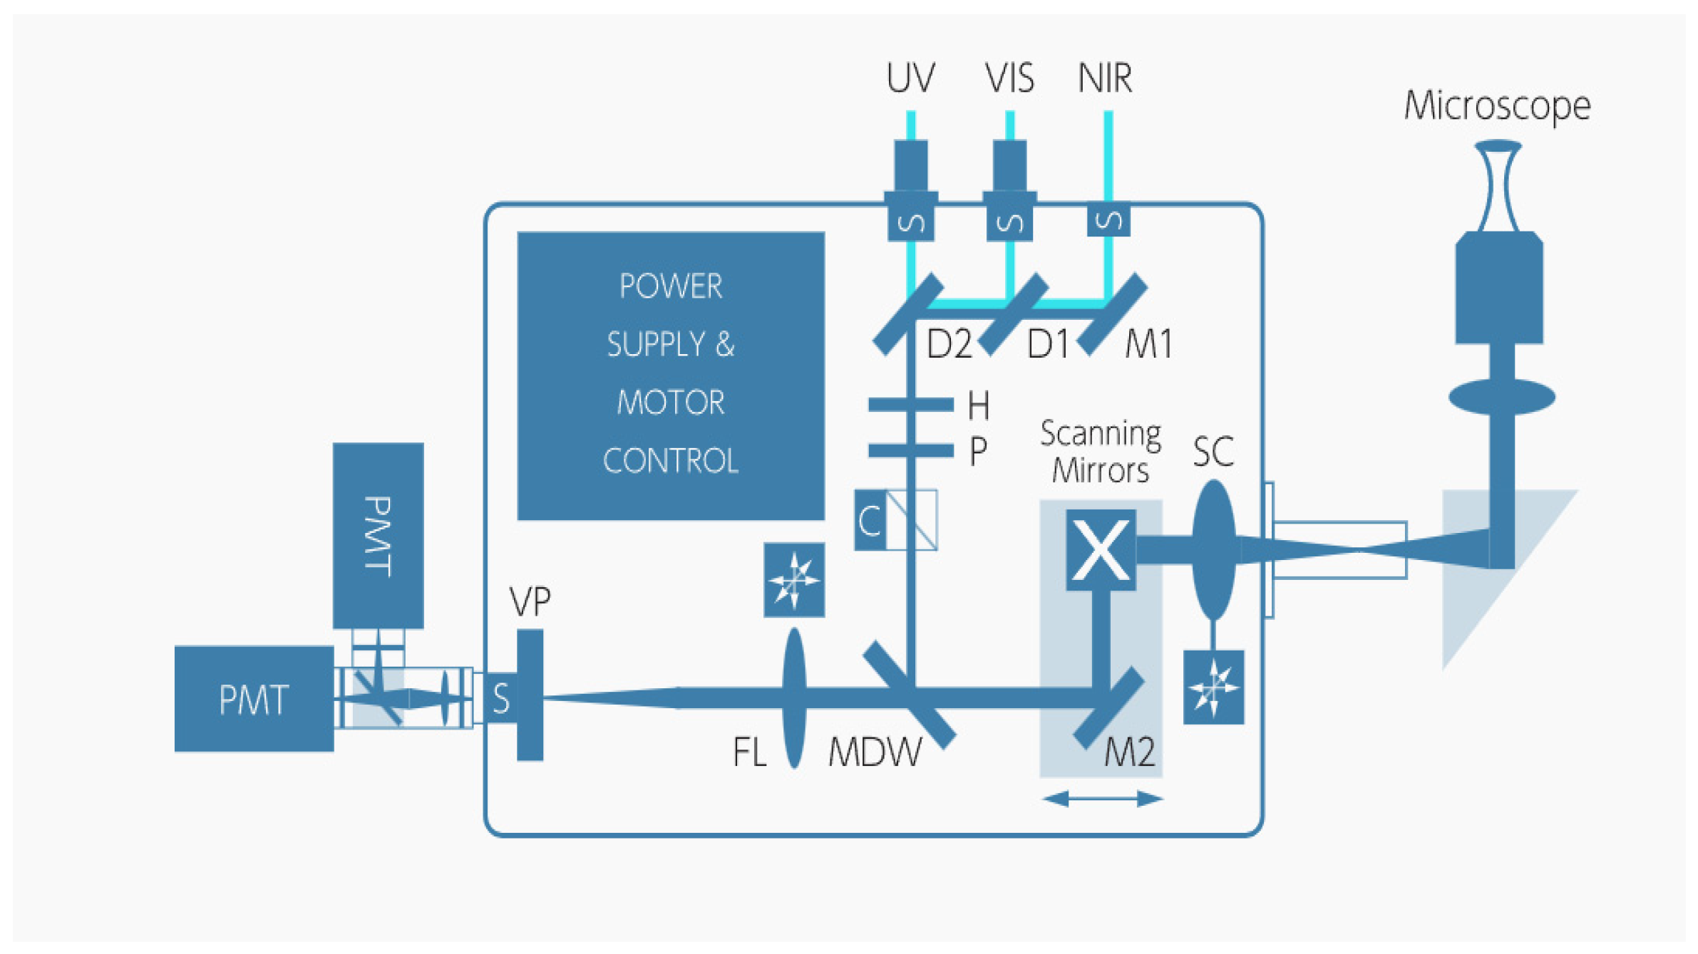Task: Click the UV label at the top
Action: coord(910,78)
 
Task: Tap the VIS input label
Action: coord(1009,78)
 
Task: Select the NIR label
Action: coord(1104,78)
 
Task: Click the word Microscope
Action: coord(1497,107)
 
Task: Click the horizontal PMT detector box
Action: coord(254,699)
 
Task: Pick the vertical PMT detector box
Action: coord(378,536)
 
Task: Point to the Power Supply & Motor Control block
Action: coord(671,375)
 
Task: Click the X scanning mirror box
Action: coord(1101,549)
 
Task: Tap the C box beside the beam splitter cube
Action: coord(870,520)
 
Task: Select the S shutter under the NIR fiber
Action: coord(1108,221)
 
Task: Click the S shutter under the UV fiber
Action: coord(911,223)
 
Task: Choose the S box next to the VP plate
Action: coord(501,698)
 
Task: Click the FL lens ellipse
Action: coord(794,698)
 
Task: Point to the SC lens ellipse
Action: coord(1213,550)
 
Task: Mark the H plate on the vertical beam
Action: coord(910,405)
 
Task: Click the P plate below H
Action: coord(910,450)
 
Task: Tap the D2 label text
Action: coord(949,344)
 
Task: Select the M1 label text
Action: coord(1148,344)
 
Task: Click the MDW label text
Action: coord(875,752)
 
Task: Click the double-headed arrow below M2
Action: coord(1103,799)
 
